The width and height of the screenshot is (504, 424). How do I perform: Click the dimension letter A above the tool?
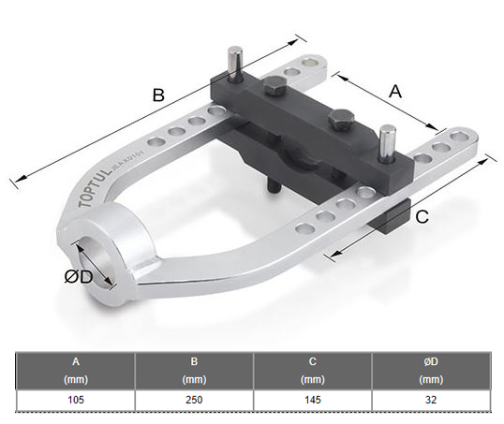pos(395,92)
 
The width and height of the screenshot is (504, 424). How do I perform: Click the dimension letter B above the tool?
pos(158,95)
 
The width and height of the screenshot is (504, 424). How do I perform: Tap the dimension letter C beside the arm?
pos(422,217)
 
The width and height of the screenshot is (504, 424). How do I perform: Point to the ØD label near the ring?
pos(79,277)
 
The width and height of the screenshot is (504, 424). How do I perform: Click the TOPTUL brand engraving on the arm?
pos(95,188)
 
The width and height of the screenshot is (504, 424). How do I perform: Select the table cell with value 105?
pos(76,400)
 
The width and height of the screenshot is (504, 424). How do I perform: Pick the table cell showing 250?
pos(194,400)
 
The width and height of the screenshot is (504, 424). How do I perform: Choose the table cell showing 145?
pos(313,400)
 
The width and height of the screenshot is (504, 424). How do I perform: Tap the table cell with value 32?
pos(431,400)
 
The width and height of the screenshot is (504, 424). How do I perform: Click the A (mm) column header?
pos(76,371)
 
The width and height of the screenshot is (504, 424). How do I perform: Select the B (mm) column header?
pos(194,371)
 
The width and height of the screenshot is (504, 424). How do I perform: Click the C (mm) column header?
pos(313,371)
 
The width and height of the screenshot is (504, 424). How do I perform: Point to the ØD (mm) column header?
pos(431,371)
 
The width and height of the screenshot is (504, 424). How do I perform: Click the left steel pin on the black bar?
pos(235,64)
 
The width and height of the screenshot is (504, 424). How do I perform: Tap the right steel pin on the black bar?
pos(387,143)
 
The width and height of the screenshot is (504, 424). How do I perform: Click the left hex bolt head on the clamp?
pos(275,86)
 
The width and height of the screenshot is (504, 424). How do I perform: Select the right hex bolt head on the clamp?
pos(341,119)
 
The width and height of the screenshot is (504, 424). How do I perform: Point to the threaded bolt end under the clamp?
pos(274,187)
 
